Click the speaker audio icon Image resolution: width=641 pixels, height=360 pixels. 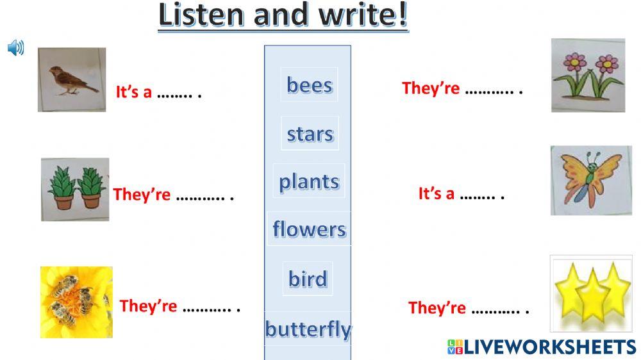click(15, 47)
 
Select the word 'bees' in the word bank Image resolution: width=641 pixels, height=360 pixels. click(310, 85)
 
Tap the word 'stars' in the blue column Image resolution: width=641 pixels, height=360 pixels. click(310, 134)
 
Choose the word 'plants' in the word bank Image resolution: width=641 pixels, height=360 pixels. click(309, 181)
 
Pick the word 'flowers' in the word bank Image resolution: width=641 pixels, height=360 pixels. click(309, 229)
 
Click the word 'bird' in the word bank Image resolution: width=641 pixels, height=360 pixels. click(308, 279)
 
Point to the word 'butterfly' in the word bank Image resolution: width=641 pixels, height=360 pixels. click(308, 329)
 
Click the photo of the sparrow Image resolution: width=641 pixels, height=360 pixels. click(72, 80)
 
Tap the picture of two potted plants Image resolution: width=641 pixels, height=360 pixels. click(75, 190)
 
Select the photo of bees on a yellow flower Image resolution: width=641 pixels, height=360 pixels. click(76, 302)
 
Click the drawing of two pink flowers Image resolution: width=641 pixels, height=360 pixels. click(588, 76)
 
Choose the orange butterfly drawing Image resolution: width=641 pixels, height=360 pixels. click(591, 180)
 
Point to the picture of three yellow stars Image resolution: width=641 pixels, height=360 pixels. click(591, 290)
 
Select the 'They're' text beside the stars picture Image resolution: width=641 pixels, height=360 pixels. click(437, 308)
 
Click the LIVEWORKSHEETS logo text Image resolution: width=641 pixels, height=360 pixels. click(542, 347)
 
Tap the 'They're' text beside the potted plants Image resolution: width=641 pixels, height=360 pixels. click(142, 195)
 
